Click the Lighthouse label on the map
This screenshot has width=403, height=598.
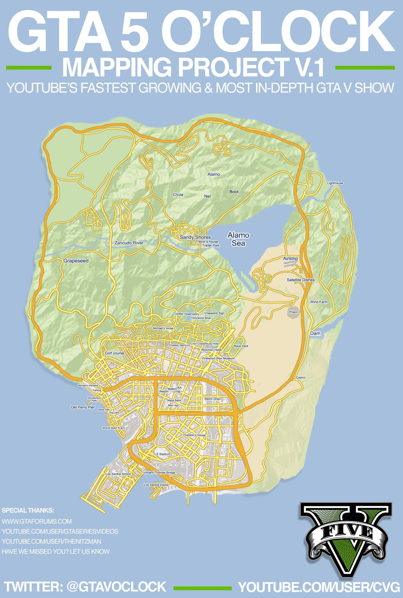pyautogui.click(x=335, y=183)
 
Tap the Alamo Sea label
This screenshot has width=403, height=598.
pyautogui.click(x=238, y=239)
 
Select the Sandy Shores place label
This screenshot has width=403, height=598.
pyautogui.click(x=195, y=237)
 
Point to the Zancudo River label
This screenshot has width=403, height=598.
pyautogui.click(x=129, y=243)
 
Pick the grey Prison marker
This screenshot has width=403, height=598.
pyautogui.click(x=293, y=312)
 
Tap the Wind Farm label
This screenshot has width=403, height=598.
pyautogui.click(x=319, y=302)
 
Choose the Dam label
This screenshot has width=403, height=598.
pyautogui.click(x=315, y=333)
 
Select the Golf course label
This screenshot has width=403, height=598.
pyautogui.click(x=114, y=353)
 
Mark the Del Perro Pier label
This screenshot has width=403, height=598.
pyautogui.click(x=83, y=407)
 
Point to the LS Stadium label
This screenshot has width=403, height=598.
pyautogui.click(x=162, y=454)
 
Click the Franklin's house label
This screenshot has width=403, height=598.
pyautogui.click(x=194, y=435)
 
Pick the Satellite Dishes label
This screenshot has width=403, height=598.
pyautogui.click(x=301, y=280)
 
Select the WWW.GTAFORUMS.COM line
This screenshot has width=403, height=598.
pyautogui.click(x=37, y=521)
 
